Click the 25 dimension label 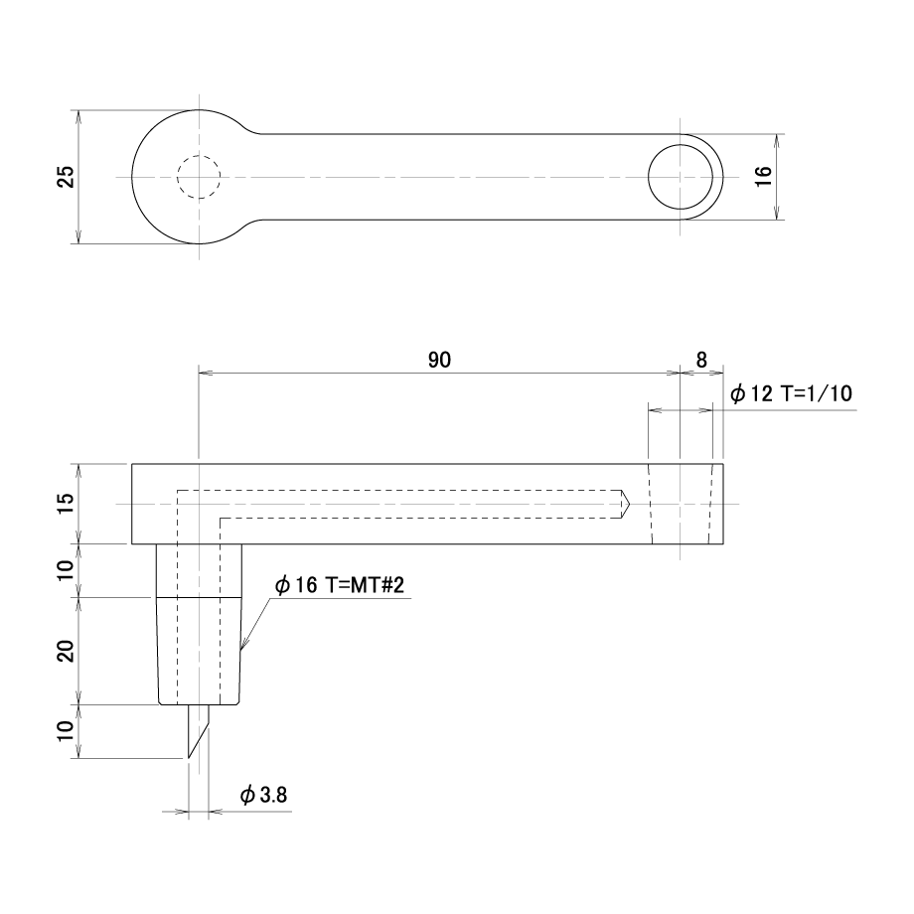tap(69, 177)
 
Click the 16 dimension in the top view tap(763, 176)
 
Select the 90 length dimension tap(439, 361)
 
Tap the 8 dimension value tap(701, 361)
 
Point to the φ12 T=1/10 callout tap(791, 394)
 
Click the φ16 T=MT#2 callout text tap(339, 584)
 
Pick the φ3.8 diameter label tap(263, 795)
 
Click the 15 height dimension tap(68, 503)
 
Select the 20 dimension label tap(68, 651)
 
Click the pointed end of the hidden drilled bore tap(629, 504)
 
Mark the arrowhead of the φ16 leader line tap(243, 644)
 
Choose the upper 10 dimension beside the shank tap(68, 570)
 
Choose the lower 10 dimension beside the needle tap(68, 731)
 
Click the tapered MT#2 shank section tap(199, 651)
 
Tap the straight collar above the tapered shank tap(199, 570)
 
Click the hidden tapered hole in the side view tap(681, 504)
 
